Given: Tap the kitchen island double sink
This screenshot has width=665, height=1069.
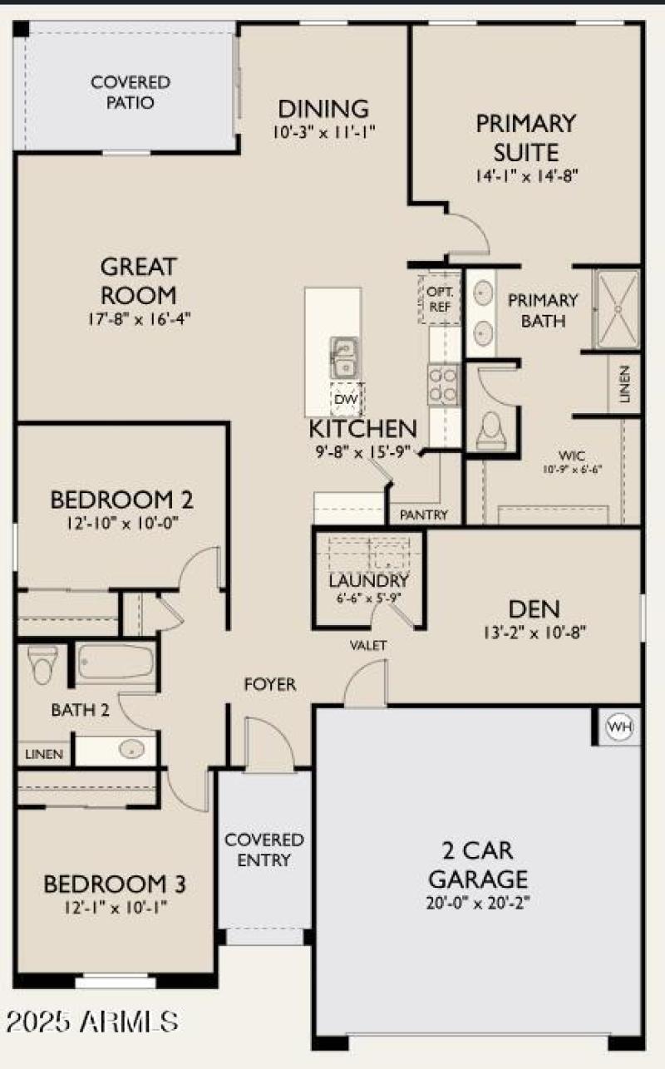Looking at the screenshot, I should pyautogui.click(x=343, y=357).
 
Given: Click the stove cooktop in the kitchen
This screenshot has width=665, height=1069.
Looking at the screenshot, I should pyautogui.click(x=443, y=384).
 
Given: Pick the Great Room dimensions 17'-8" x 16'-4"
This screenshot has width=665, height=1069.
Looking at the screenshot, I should pyautogui.click(x=139, y=318).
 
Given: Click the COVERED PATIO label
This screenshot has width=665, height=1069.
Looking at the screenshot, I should pyautogui.click(x=131, y=92).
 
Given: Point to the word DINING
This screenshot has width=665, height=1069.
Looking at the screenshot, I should pyautogui.click(x=323, y=109).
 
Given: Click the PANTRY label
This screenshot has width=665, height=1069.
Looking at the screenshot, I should pyautogui.click(x=424, y=515).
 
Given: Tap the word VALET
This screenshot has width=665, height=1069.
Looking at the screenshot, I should pyautogui.click(x=368, y=644).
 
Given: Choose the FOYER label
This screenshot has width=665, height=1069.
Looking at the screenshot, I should pyautogui.click(x=269, y=684).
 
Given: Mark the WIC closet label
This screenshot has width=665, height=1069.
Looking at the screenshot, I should pyautogui.click(x=572, y=456).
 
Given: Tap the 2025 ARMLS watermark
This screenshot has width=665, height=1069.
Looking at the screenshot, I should pyautogui.click(x=91, y=1020).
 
